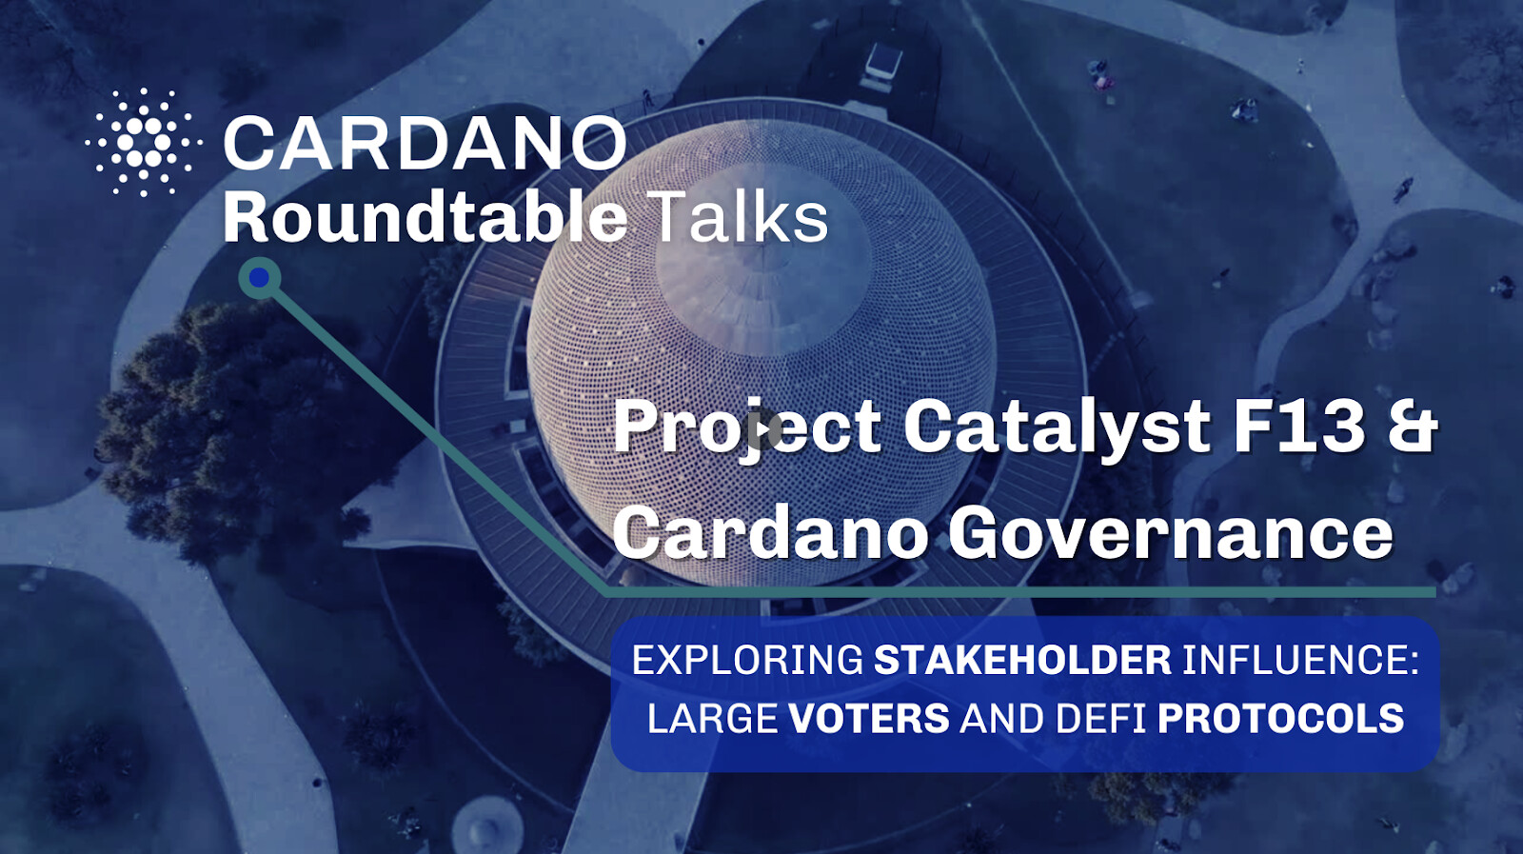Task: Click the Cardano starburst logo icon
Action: (x=144, y=142)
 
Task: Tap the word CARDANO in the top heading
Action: (x=425, y=143)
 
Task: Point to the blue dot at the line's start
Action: (x=259, y=277)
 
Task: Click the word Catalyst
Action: (x=1057, y=427)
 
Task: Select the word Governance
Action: (x=1170, y=533)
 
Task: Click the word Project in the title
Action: (x=747, y=429)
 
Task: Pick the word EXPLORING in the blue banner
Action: (x=747, y=660)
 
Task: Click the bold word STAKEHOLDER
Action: (x=1022, y=660)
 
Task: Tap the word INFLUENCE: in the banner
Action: (x=1300, y=660)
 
